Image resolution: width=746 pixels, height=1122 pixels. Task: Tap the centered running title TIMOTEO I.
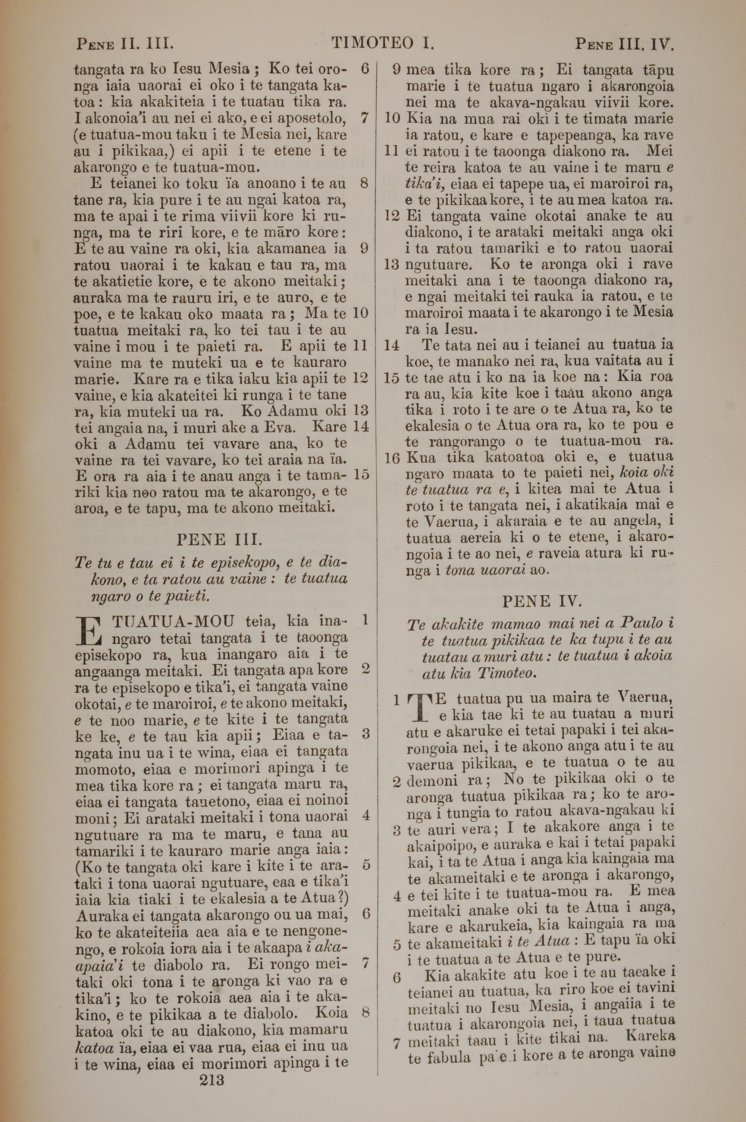click(383, 44)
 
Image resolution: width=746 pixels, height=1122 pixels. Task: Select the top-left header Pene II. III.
click(125, 45)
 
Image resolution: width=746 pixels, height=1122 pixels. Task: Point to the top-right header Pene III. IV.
click(625, 45)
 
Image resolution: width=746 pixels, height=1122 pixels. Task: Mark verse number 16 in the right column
click(392, 458)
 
